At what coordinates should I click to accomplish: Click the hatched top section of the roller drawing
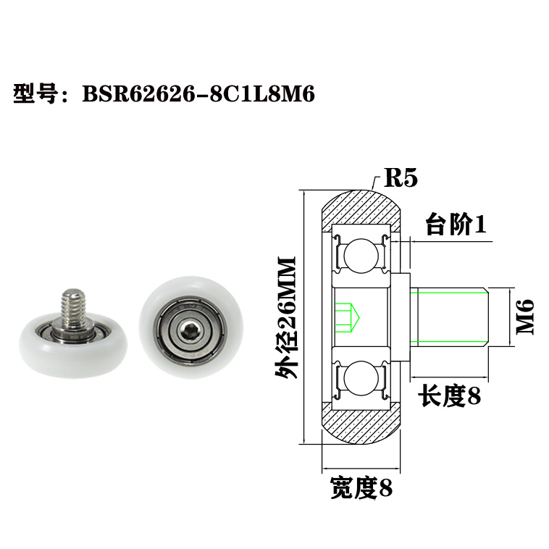click(x=360, y=208)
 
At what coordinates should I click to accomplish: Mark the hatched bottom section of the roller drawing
click(x=360, y=425)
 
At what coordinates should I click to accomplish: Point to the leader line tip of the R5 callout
click(x=371, y=190)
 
